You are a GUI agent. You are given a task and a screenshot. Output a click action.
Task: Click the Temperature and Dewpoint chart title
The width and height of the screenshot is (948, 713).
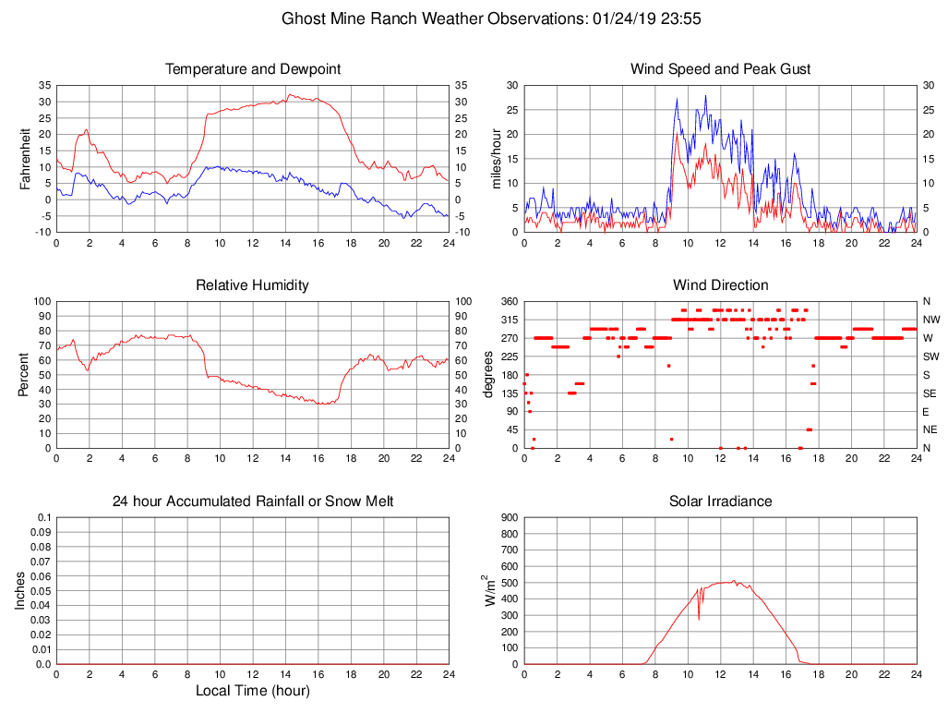[x=253, y=69]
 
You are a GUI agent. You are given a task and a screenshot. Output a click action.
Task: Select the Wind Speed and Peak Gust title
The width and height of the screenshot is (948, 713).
[x=720, y=69]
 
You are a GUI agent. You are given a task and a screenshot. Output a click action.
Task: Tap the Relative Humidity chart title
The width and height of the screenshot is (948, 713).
[x=253, y=285]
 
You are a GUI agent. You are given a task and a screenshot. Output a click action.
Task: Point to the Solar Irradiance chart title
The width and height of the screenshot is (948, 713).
[x=720, y=502]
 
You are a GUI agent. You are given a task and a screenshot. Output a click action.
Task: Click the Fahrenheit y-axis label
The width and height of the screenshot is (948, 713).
[x=26, y=159]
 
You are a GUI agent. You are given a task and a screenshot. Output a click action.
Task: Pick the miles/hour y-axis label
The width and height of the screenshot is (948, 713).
[x=496, y=159]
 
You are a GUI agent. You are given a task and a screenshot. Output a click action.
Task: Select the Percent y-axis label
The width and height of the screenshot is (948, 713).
[x=26, y=375]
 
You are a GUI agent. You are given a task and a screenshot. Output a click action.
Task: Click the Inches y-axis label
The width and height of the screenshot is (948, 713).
[x=20, y=591]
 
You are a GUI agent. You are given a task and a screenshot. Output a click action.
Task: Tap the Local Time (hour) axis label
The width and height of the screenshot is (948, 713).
[x=253, y=691]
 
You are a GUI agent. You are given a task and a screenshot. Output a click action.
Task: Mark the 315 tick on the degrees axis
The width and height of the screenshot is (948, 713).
[x=507, y=320]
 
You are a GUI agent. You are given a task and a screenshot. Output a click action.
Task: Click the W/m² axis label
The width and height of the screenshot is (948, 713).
[x=490, y=591]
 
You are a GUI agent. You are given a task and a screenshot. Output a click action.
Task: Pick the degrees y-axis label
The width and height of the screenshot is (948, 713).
[x=488, y=375]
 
